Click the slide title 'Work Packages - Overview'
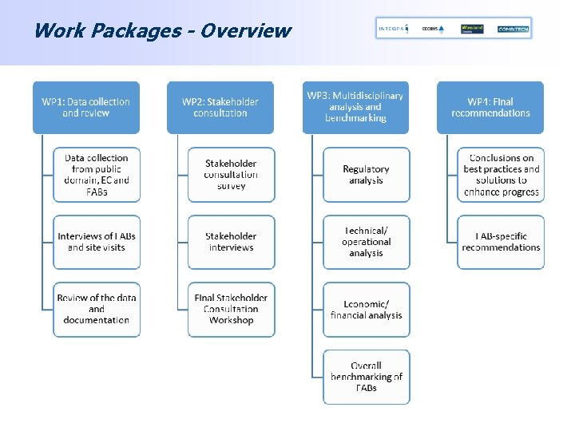click(x=162, y=31)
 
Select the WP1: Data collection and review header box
click(x=86, y=107)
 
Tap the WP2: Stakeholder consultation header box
click(x=220, y=107)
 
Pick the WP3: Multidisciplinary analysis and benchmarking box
click(x=355, y=107)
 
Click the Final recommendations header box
click(x=490, y=107)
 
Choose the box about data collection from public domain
click(x=97, y=175)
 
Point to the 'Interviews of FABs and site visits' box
click(x=97, y=242)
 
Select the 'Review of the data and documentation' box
click(x=97, y=309)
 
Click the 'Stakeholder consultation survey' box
click(x=231, y=175)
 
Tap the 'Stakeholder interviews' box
click(x=231, y=242)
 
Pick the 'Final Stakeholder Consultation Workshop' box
click(x=231, y=309)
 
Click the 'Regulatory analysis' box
click(x=366, y=175)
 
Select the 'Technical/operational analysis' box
click(x=366, y=242)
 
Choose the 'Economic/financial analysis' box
click(x=366, y=309)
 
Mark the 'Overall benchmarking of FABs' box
click(x=366, y=376)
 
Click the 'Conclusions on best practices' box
click(x=501, y=175)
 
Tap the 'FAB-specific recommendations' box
click(x=501, y=242)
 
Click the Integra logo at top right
click(x=392, y=29)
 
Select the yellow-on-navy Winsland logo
click(x=472, y=29)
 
